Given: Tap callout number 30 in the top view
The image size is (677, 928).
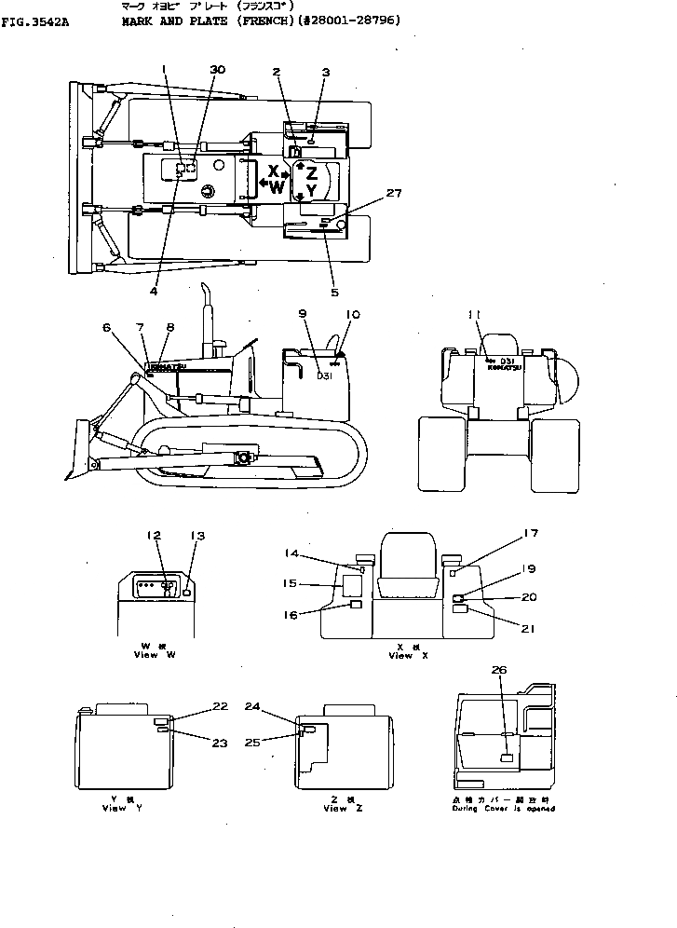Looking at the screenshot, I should click(217, 70).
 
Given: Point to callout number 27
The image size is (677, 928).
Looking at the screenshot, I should click(394, 194).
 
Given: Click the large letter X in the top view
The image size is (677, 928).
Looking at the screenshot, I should click(273, 171).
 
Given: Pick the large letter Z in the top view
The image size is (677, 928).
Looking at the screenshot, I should click(312, 172).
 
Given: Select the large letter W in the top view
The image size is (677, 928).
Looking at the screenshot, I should click(277, 187).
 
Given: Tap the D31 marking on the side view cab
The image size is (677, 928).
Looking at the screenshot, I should click(325, 376).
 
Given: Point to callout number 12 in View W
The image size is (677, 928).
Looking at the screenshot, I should click(154, 535).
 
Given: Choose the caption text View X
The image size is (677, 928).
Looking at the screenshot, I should click(400, 656).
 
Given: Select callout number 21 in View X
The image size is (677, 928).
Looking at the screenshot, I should click(528, 629).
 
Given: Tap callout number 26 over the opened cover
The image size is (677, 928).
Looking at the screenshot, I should click(499, 669).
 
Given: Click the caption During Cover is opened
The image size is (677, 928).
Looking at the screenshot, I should click(500, 808).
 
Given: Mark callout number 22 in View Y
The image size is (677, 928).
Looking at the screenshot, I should click(220, 706).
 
